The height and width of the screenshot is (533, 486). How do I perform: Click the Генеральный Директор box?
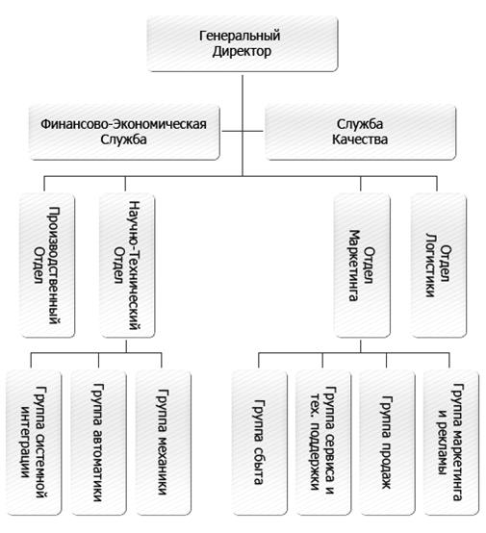point(243,44)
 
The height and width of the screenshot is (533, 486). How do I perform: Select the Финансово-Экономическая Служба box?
point(124,132)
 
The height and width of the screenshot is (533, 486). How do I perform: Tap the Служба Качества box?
point(360,132)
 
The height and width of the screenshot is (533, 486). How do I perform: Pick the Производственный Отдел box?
point(47,266)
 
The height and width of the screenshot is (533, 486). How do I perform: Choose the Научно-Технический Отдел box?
point(127,266)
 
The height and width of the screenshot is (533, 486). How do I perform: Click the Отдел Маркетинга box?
point(362,266)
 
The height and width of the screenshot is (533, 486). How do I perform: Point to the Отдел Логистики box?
point(439,266)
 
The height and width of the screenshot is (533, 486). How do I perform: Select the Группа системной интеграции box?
point(34,443)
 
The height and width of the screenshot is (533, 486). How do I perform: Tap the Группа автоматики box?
point(98,443)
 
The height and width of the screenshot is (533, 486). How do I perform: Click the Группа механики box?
point(163,443)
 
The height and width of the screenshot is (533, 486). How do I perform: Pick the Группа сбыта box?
point(260,443)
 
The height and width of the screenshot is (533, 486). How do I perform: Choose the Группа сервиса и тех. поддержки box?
point(323,443)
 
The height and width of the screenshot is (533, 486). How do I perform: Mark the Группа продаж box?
point(387,443)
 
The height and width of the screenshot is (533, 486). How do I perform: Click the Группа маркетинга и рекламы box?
point(451,443)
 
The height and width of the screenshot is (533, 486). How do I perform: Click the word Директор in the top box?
point(242,52)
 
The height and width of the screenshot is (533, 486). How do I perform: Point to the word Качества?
point(360,140)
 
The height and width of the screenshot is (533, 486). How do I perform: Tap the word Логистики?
point(430,266)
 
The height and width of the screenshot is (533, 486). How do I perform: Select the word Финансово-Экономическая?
point(124,124)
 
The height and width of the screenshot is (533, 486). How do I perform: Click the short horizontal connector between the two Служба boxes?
point(243,131)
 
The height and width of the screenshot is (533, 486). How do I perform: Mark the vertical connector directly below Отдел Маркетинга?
point(361,345)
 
